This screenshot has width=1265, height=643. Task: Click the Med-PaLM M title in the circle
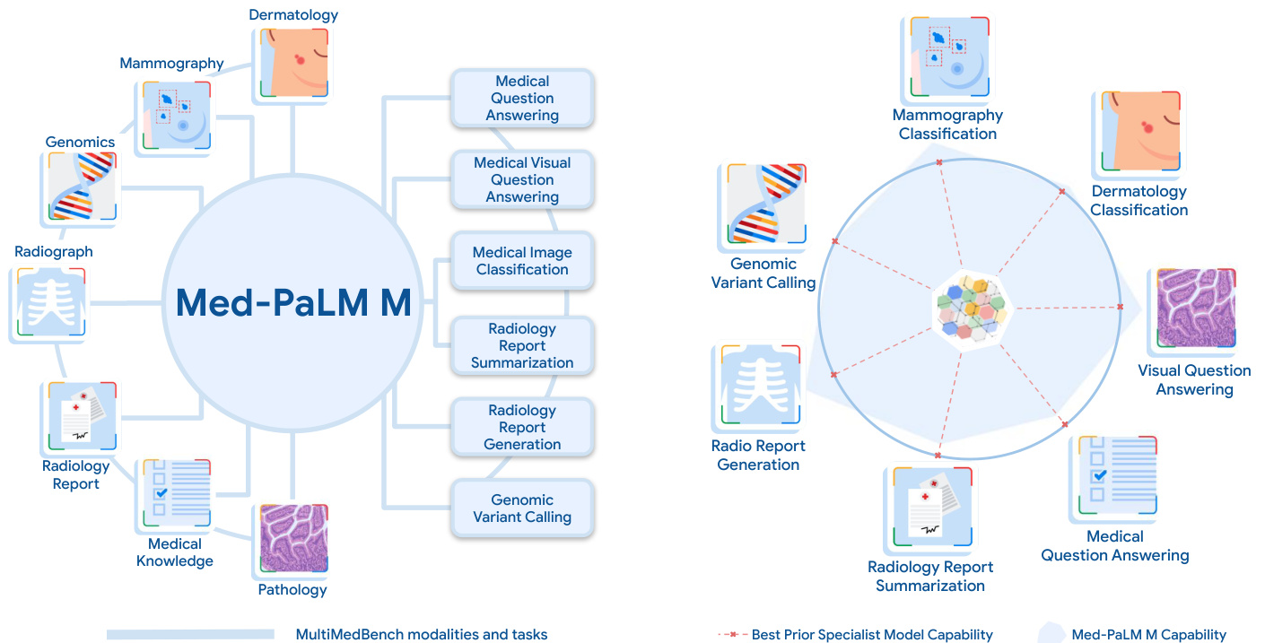pos(293,303)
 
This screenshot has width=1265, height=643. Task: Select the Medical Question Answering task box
pos(522,98)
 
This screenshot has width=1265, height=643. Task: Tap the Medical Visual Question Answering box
pos(522,179)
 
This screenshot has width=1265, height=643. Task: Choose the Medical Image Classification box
pos(522,261)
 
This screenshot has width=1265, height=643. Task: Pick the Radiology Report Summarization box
pos(522,345)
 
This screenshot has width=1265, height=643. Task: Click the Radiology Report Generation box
pos(522,427)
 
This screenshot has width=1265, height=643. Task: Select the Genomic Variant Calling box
pos(522,508)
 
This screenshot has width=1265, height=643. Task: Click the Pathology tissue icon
pos(293,538)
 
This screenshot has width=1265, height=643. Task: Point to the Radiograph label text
pos(54,252)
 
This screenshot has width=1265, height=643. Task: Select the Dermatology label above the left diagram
pos(293,14)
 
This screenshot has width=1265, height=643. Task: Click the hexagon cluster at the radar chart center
pos(972,308)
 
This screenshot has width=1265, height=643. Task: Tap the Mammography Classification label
pos(947,125)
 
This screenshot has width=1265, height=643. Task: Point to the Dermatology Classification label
pos(1139,201)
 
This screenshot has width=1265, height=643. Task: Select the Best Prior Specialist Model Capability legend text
pos(872,635)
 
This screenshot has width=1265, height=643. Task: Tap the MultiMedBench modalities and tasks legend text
pos(422,635)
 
